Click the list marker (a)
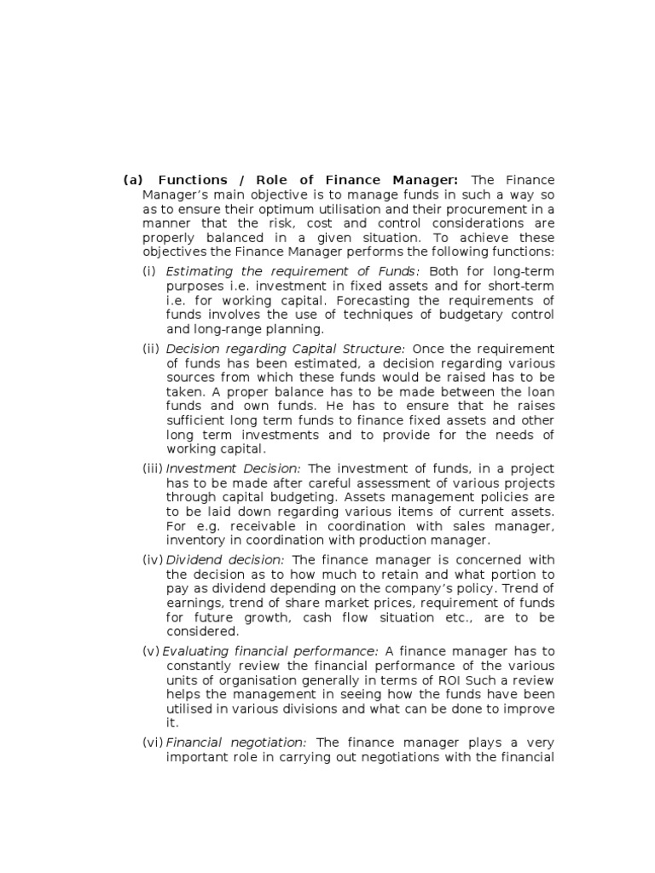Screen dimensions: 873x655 [132, 180]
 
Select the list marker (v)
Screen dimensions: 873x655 [152, 651]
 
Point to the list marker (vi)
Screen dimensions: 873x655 [153, 743]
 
